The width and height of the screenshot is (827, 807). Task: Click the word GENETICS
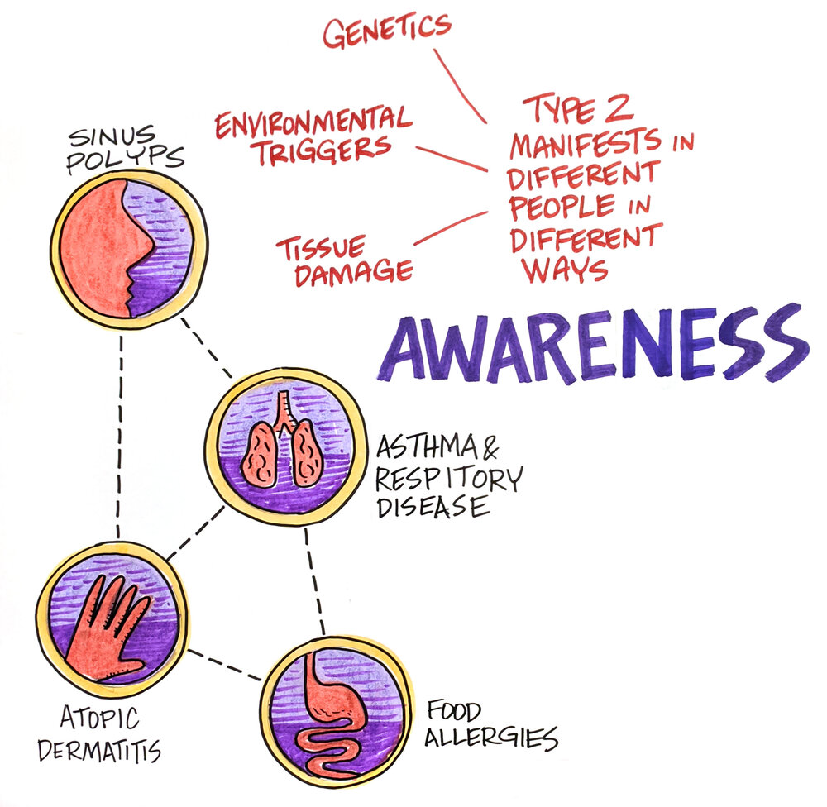click(388, 31)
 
